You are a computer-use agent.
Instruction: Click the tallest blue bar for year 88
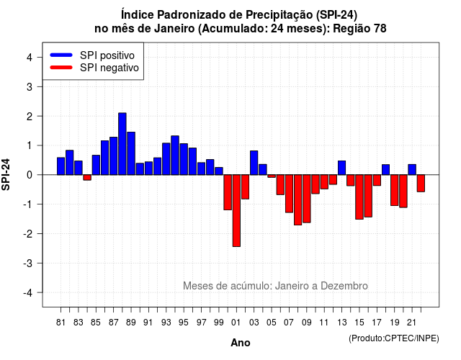point(122,144)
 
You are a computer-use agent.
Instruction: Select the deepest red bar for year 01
point(236,210)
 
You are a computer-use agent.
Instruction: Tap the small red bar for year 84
point(87,177)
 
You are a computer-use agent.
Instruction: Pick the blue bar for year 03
point(254,163)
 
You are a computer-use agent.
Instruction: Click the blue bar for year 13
point(341,168)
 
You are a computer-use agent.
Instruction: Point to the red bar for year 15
point(359,197)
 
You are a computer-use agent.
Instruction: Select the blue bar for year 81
point(61,166)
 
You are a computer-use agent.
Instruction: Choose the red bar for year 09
point(307,199)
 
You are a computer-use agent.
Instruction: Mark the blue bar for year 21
point(412,170)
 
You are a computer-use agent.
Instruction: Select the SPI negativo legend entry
point(94,68)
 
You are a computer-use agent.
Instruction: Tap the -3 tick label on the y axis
point(28,263)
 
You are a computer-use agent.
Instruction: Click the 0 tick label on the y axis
point(30,175)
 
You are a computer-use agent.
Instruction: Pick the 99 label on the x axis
point(219,323)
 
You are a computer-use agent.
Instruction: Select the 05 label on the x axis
point(272,323)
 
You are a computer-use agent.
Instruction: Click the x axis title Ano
point(241,343)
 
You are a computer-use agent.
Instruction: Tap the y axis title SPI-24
point(6,174)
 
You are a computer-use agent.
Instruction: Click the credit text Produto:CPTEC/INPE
point(394,338)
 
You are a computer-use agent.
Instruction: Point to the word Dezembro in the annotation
point(344,286)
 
